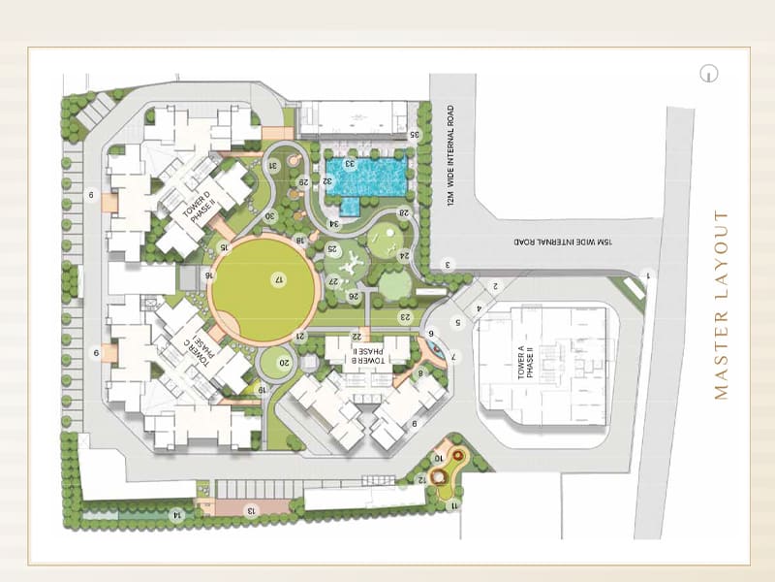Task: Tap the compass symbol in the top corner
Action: [711, 73]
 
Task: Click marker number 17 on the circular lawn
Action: [278, 279]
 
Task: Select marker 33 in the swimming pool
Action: [351, 164]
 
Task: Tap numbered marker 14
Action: [175, 513]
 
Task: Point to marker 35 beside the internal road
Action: [414, 135]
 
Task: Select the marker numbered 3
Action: [449, 264]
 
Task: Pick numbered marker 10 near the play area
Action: [438, 458]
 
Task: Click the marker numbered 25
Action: [332, 248]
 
